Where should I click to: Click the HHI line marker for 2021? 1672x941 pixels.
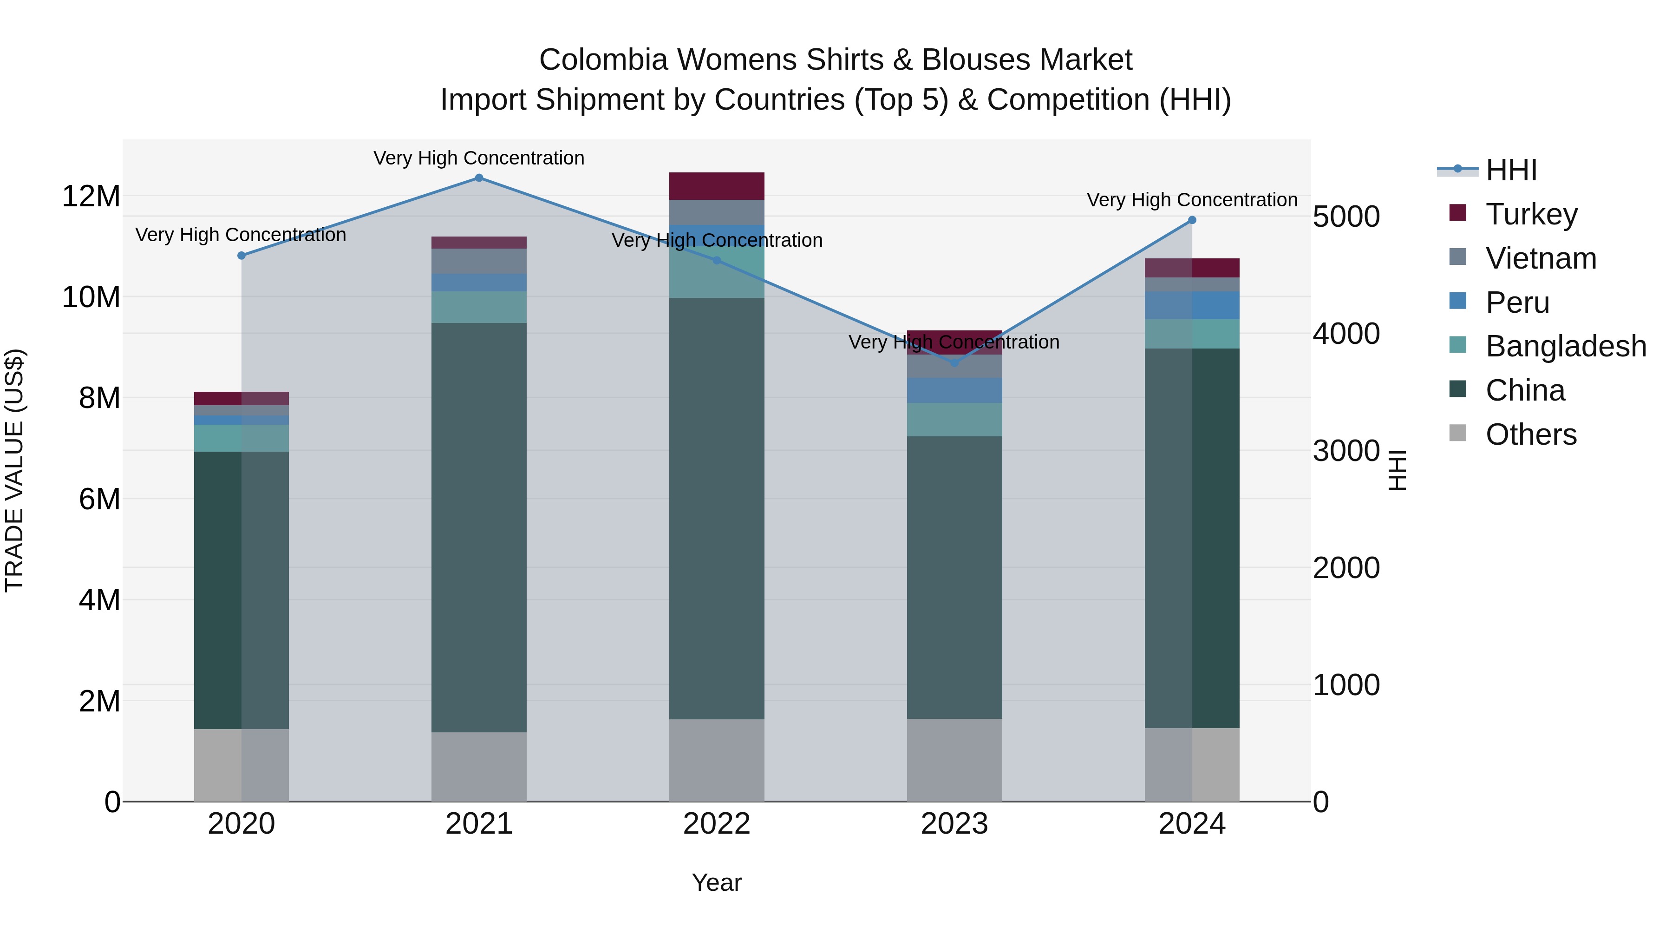pos(479,178)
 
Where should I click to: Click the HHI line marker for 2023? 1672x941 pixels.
pos(954,363)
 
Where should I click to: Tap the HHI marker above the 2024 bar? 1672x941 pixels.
pos(1192,220)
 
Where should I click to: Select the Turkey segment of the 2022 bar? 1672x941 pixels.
pos(717,186)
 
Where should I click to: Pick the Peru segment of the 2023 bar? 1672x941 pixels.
pos(954,390)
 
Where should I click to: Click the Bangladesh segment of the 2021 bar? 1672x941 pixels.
pos(479,307)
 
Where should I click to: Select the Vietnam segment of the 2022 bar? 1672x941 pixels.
pos(717,212)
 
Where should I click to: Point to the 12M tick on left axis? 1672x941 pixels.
pos(91,196)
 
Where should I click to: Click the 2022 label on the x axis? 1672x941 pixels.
pos(717,824)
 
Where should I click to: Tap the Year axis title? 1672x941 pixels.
pos(717,882)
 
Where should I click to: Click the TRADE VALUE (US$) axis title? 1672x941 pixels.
pos(14,470)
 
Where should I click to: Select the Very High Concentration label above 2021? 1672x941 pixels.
pos(479,158)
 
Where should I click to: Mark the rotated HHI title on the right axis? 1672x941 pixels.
pos(1396,470)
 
